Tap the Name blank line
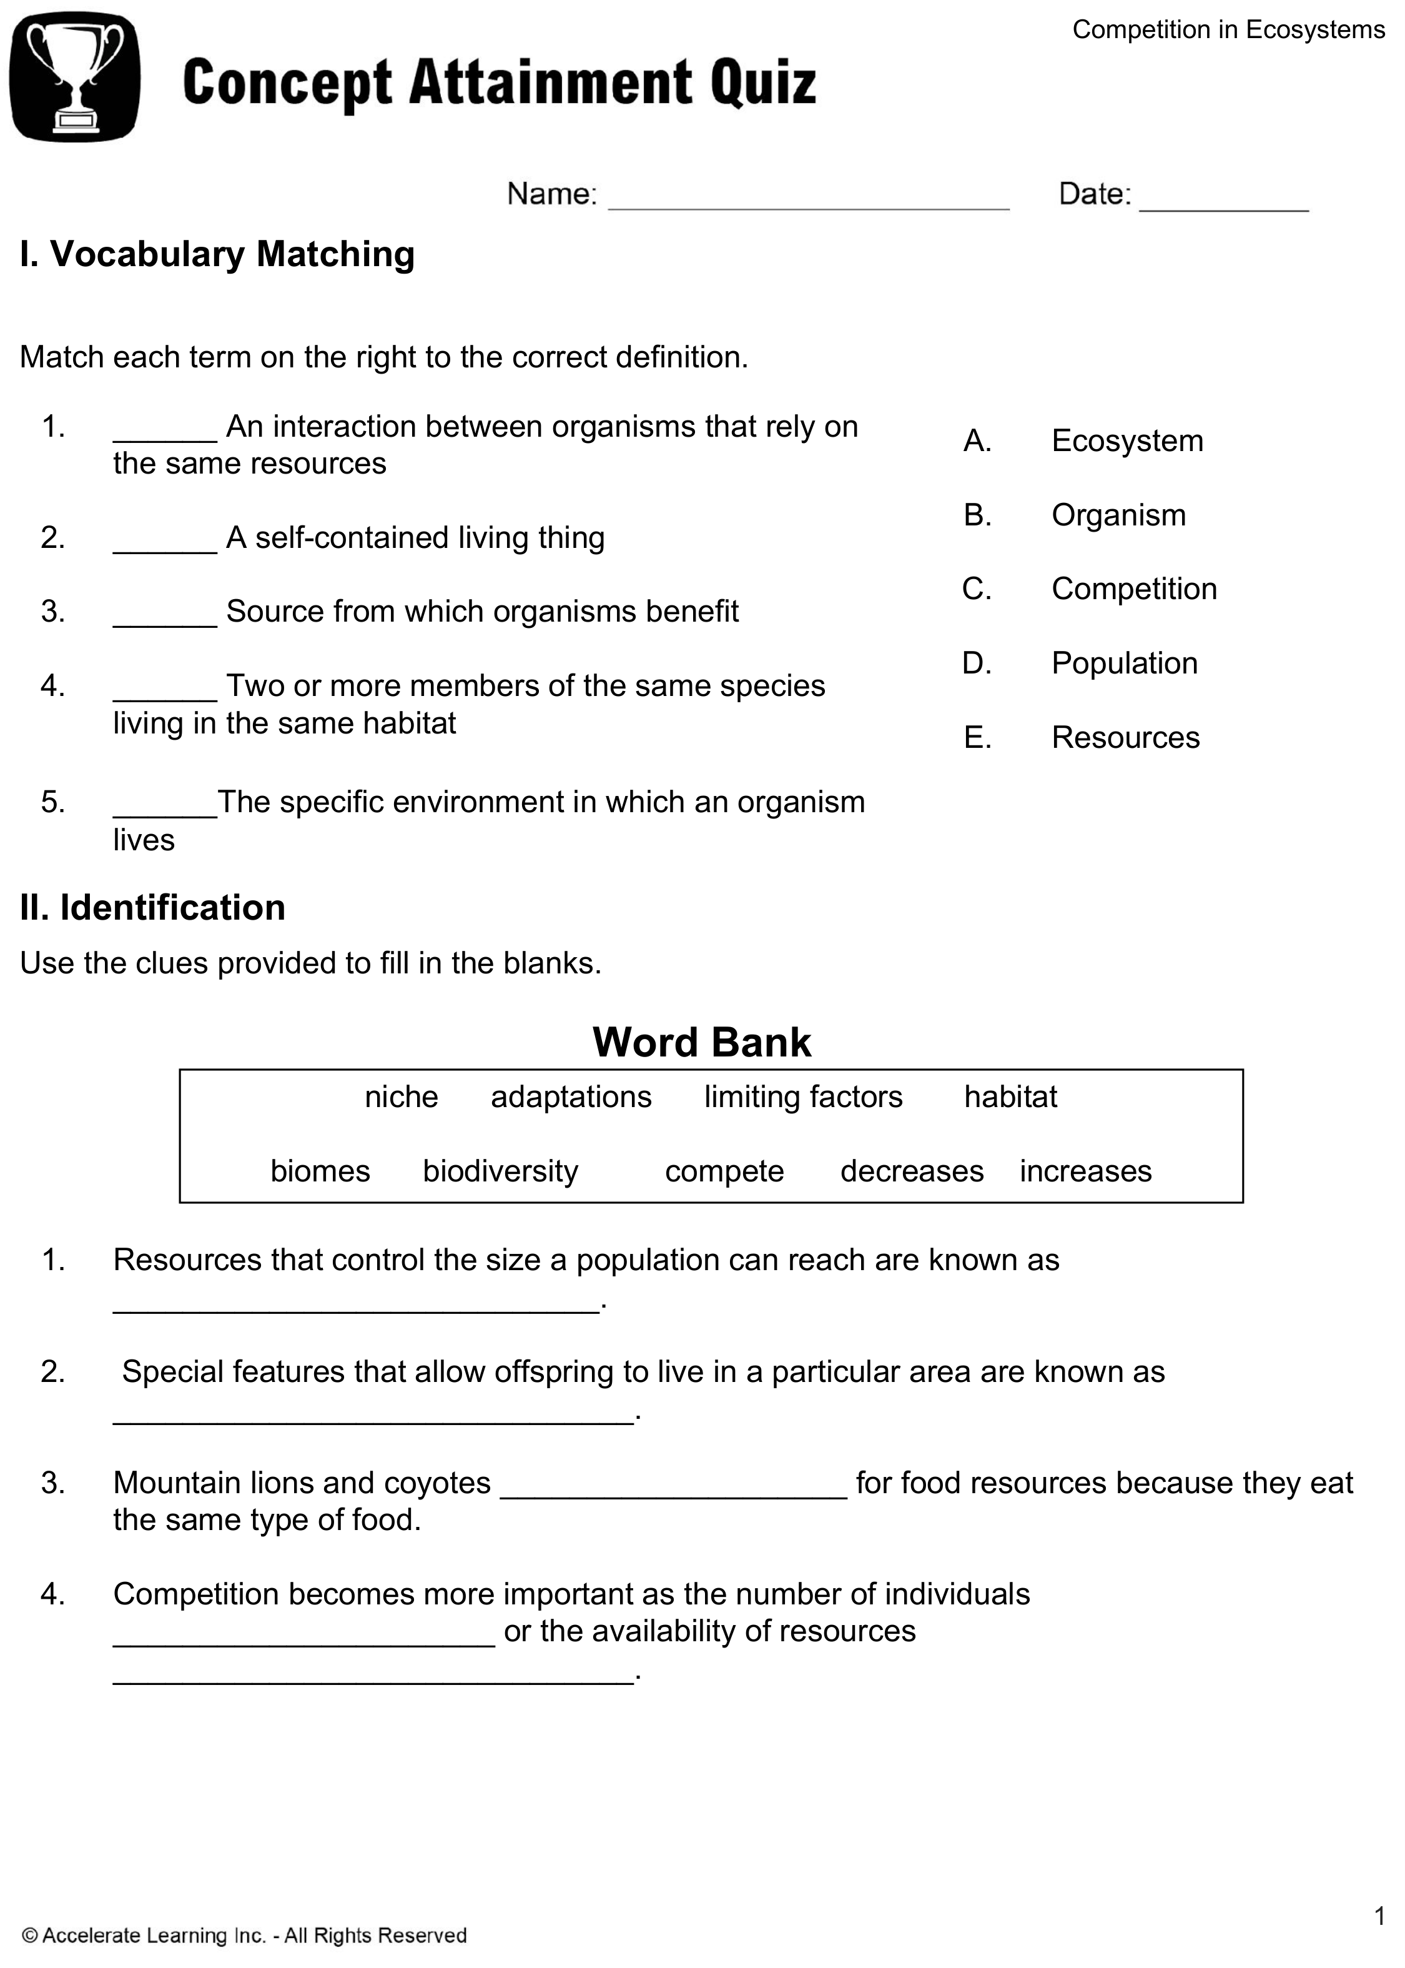point(808,206)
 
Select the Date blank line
point(1223,206)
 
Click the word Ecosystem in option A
point(1126,440)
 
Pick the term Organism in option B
point(1118,515)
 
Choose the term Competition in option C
point(1133,589)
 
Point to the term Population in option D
point(1124,663)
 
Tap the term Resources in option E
point(1125,737)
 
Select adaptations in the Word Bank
point(571,1096)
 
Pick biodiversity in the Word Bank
point(500,1171)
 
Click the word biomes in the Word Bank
point(320,1171)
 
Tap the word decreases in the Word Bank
point(912,1171)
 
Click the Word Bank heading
point(702,1042)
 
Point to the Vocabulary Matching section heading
point(217,254)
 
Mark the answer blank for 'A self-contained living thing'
point(164,549)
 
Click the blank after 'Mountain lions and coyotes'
point(673,1494)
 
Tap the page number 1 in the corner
point(1379,1916)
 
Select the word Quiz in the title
point(763,83)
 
